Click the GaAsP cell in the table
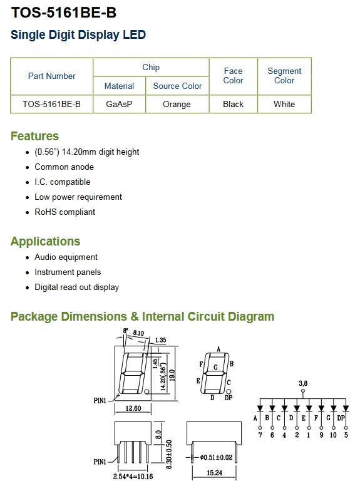[119, 104]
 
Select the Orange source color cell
[177, 104]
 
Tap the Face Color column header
[234, 76]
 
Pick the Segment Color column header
[284, 76]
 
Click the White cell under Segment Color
[284, 104]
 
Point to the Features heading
[34, 136]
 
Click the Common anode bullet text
[64, 167]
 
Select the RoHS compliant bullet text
[64, 212]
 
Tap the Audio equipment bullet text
[66, 257]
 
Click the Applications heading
[46, 241]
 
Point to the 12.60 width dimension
[133, 408]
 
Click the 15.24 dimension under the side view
[214, 473]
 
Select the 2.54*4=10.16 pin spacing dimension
[133, 477]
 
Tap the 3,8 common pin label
[303, 383]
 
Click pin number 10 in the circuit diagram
[333, 435]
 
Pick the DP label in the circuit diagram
[341, 418]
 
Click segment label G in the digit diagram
[215, 367]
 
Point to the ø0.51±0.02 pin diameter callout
[216, 457]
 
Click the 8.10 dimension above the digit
[138, 333]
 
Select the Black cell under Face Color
[234, 104]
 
